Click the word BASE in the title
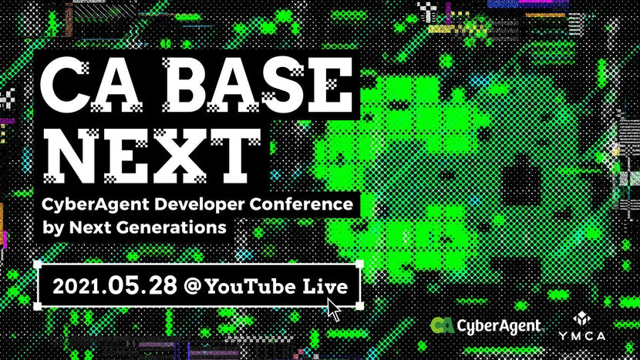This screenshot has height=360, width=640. pyautogui.click(x=258, y=85)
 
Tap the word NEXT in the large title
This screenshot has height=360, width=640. pyautogui.click(x=152, y=156)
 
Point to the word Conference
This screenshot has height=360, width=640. pyautogui.click(x=301, y=204)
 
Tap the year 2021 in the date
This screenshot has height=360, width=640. pyautogui.click(x=76, y=287)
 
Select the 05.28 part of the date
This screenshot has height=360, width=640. pyautogui.click(x=143, y=285)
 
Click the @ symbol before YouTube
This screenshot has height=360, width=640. pyautogui.click(x=193, y=286)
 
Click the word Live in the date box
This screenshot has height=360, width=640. pyautogui.click(x=325, y=287)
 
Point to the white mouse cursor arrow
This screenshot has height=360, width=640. pyautogui.click(x=333, y=310)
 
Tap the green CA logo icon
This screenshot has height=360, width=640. pyautogui.click(x=443, y=325)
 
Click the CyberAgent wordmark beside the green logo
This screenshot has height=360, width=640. pyautogui.click(x=499, y=326)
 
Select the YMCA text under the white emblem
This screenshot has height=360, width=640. pyautogui.click(x=581, y=336)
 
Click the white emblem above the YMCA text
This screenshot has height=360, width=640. pyautogui.click(x=581, y=318)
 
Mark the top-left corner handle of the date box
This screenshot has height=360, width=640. pyautogui.click(x=38, y=264)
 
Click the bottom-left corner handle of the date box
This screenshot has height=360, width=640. pyautogui.click(x=38, y=306)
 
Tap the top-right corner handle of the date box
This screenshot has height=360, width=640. pyautogui.click(x=359, y=264)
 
